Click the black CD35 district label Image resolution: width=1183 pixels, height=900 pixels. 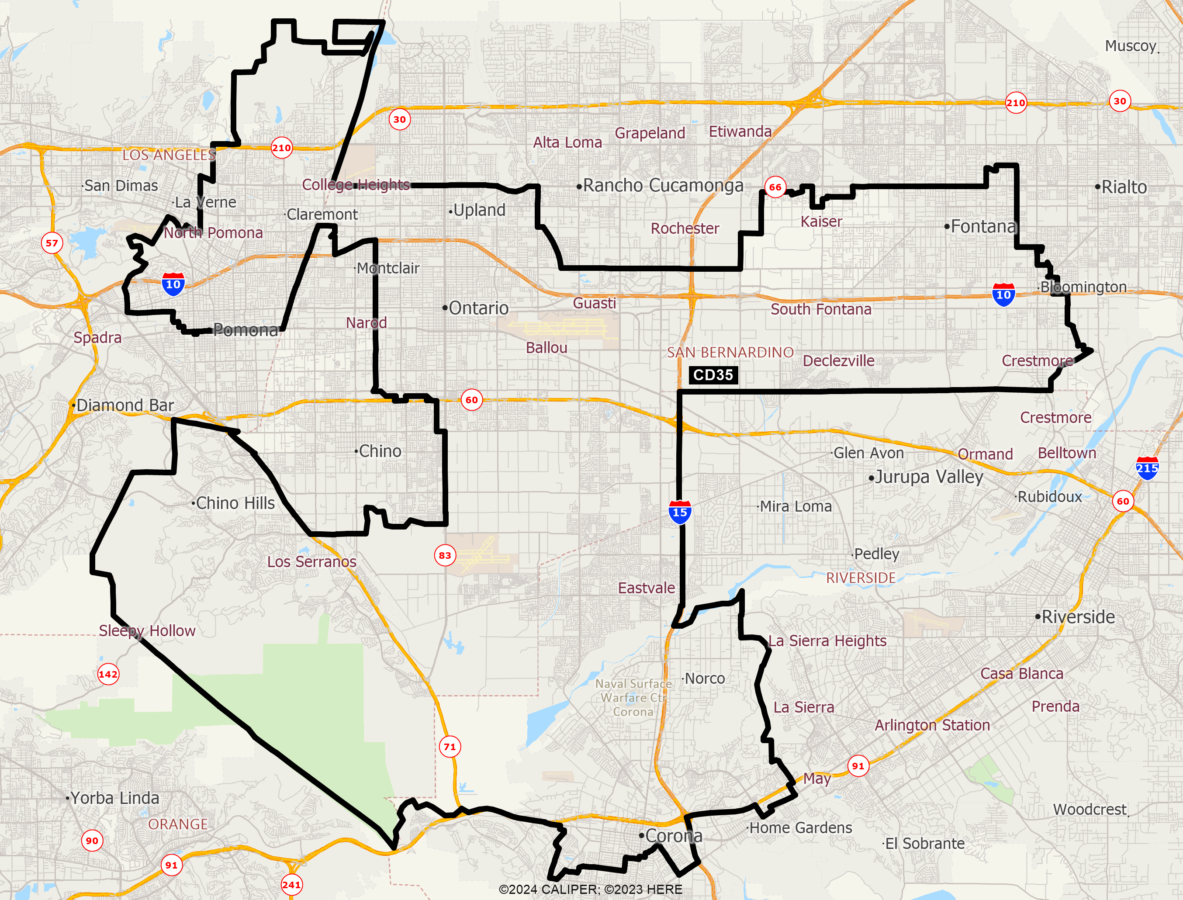[713, 375]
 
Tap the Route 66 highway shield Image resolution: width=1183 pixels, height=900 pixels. [775, 187]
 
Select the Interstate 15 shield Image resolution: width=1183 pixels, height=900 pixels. [680, 512]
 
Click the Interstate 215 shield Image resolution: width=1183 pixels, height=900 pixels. [1147, 468]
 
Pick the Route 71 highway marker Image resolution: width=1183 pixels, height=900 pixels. [450, 747]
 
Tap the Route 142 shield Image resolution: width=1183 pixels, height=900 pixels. [108, 675]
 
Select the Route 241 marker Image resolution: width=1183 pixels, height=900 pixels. [291, 884]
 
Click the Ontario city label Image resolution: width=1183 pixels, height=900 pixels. [478, 308]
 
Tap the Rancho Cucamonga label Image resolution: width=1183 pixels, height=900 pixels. [663, 185]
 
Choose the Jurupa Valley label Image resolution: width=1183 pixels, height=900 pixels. [929, 477]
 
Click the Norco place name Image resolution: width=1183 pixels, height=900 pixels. [704, 678]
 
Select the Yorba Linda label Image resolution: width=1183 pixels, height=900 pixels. [114, 798]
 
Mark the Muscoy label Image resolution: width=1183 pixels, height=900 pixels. [1131, 46]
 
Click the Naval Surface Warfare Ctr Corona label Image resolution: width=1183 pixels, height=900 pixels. [633, 697]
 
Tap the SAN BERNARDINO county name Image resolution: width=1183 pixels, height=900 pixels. [730, 353]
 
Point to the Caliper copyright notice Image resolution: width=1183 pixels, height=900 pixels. [590, 889]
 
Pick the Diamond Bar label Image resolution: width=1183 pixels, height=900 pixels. [125, 405]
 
